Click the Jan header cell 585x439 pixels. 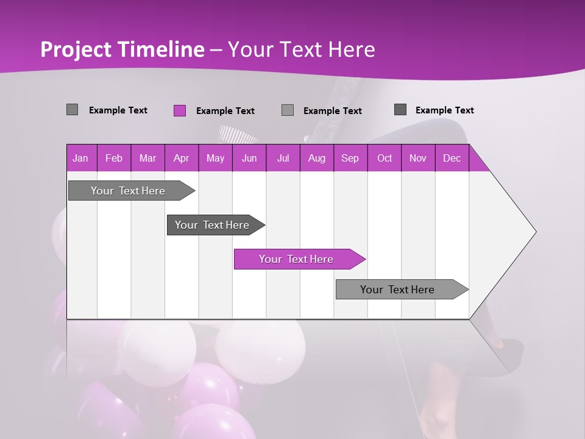pos(81,158)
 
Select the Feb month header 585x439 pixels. pos(114,158)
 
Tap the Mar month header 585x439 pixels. pos(147,158)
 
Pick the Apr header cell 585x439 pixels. pos(182,158)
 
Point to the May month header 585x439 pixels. pos(215,158)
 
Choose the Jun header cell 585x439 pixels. pos(249,158)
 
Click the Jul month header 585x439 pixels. pos(283,158)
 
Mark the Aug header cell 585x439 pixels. pos(317,158)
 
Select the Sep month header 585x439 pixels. pos(350,158)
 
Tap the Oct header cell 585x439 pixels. pos(385,158)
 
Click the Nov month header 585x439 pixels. pos(418,158)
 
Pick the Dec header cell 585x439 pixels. pos(452,158)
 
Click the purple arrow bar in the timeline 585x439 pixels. pos(297,259)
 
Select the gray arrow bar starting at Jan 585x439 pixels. pos(129,191)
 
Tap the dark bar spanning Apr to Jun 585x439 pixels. pos(213,225)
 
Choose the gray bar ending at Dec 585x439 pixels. pos(398,290)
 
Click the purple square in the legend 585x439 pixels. pos(180,110)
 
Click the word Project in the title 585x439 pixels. pos(74,49)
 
